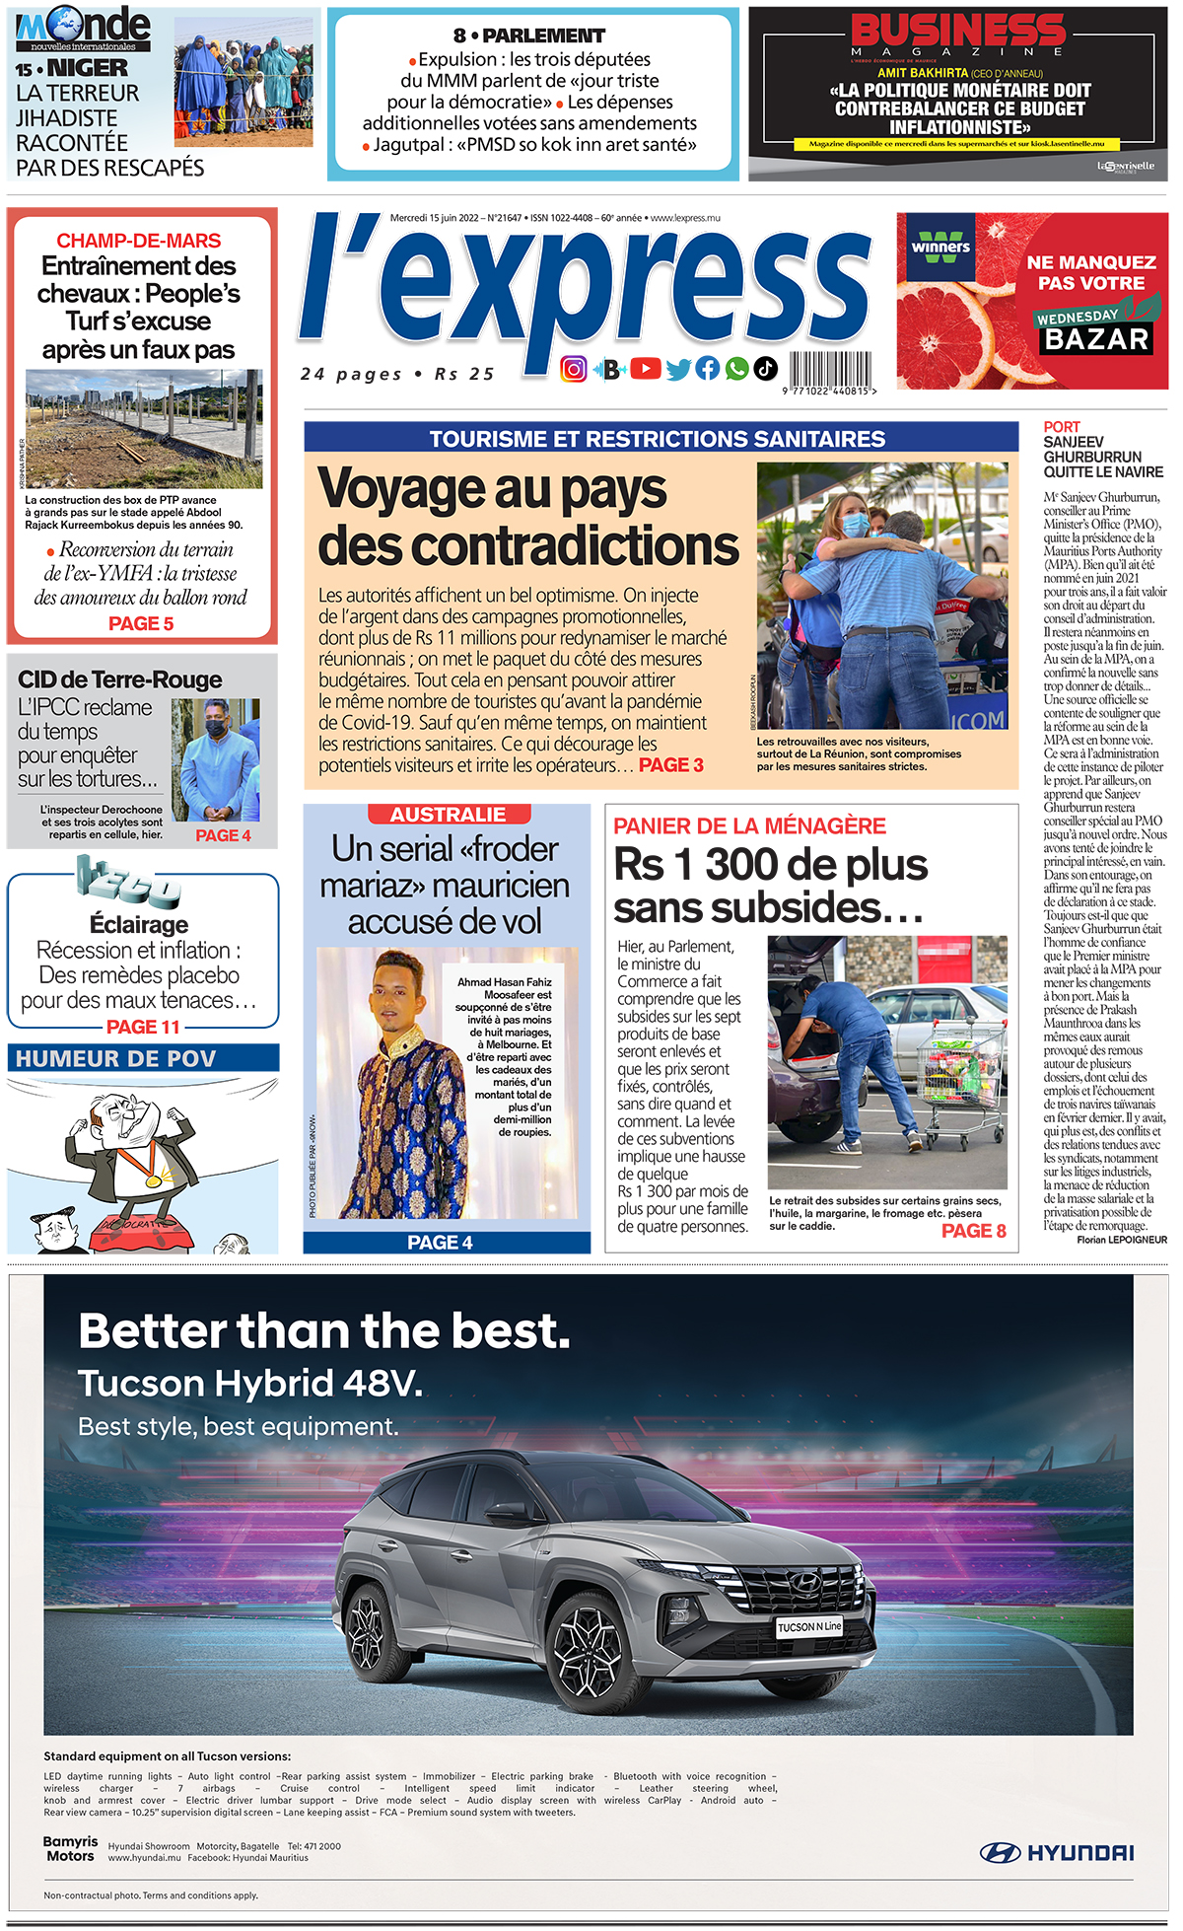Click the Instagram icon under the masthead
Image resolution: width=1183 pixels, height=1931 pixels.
coord(574,369)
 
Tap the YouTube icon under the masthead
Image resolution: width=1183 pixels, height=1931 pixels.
coord(646,369)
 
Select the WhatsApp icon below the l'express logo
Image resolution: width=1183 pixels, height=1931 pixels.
coord(736,369)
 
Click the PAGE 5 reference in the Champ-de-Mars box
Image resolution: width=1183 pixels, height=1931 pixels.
coord(141,624)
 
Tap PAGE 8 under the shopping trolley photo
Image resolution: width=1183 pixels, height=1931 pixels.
coord(974,1231)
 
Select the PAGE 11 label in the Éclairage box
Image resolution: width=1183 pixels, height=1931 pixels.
coord(143,1028)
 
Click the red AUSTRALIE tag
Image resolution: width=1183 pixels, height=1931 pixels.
coord(449,815)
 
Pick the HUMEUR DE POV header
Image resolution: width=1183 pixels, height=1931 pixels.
coord(116,1059)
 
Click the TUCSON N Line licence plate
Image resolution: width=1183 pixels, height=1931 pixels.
coord(809,1626)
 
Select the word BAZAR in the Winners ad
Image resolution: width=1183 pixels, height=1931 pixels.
coord(1097,339)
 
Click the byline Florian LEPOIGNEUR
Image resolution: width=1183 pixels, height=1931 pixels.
coord(1122,1240)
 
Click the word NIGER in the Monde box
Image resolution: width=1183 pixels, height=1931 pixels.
coord(88,69)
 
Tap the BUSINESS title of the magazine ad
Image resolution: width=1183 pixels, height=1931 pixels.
coord(957,30)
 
